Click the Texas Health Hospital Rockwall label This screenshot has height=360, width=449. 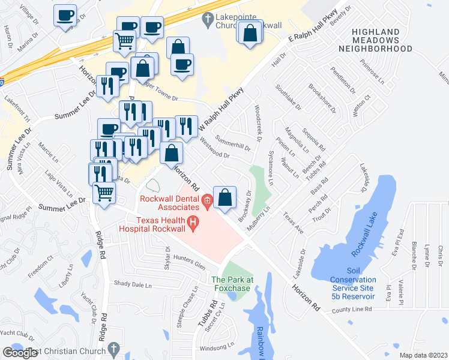(x=152, y=224)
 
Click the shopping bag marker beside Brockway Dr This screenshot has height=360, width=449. (x=224, y=197)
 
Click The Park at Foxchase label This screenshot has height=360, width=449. (x=232, y=283)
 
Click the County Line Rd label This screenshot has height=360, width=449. (x=352, y=310)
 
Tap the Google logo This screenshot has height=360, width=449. (x=20, y=353)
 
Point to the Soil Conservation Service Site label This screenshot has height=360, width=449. (x=353, y=280)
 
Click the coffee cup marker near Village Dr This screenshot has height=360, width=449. (x=65, y=16)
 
